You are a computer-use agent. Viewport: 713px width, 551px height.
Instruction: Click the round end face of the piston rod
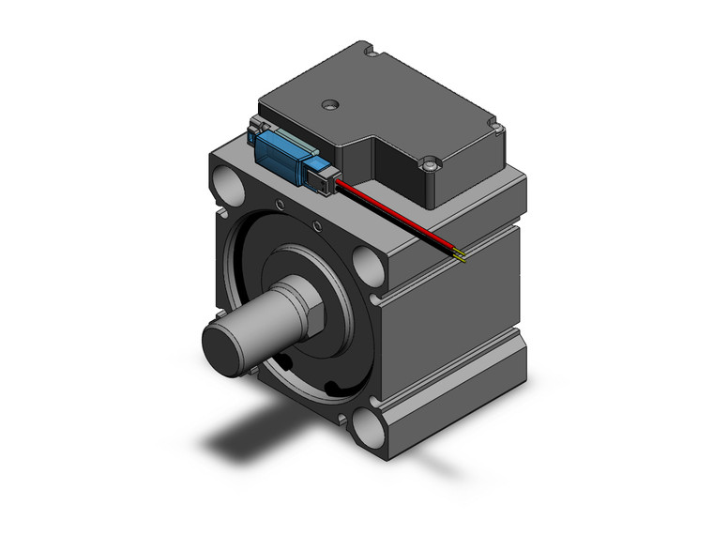tap(225, 343)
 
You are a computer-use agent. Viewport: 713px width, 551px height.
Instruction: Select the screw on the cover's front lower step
tap(430, 165)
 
